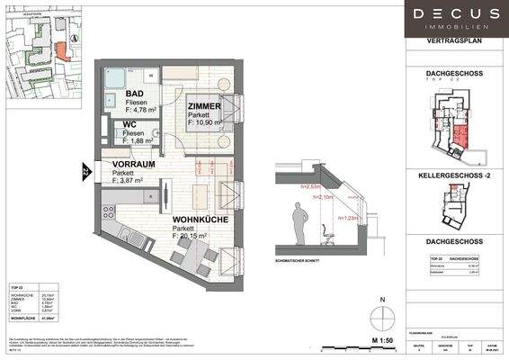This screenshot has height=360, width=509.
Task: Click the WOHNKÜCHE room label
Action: pyautogui.click(x=199, y=220)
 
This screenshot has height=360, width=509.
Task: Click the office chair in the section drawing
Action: pyautogui.click(x=328, y=236)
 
